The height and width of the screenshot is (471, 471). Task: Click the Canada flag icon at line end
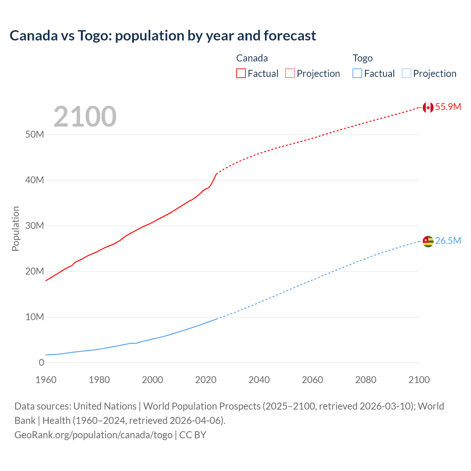(428, 107)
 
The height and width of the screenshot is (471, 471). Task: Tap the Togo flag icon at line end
(428, 241)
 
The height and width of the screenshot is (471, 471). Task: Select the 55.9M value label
(448, 107)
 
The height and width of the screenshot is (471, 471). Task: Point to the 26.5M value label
(448, 241)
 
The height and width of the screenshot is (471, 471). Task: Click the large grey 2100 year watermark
(85, 117)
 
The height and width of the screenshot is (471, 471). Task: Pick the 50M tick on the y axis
(35, 135)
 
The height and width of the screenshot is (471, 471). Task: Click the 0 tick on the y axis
(41, 363)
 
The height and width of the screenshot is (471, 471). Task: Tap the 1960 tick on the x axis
(46, 380)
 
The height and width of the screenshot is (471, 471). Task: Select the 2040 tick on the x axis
(259, 380)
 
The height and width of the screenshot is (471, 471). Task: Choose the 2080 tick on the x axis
(366, 380)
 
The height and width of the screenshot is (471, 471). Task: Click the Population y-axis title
(15, 229)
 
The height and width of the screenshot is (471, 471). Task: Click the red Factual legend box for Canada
(241, 74)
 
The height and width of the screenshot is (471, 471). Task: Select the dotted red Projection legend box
(290, 74)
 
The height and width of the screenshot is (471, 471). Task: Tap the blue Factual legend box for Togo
(357, 74)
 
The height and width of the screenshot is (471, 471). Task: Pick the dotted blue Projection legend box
(407, 74)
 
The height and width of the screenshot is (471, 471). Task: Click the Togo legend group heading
(362, 59)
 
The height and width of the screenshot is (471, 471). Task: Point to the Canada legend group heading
(252, 59)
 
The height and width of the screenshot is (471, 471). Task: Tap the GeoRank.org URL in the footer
(93, 435)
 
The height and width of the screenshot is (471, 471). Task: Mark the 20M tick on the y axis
(35, 272)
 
